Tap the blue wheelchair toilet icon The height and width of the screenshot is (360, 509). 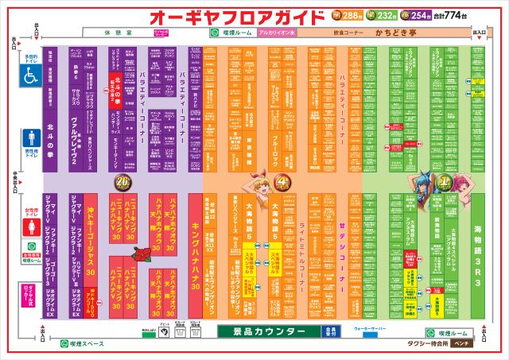[31, 77]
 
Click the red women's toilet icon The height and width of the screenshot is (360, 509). [31, 223]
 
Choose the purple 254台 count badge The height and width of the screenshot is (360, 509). [418, 15]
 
